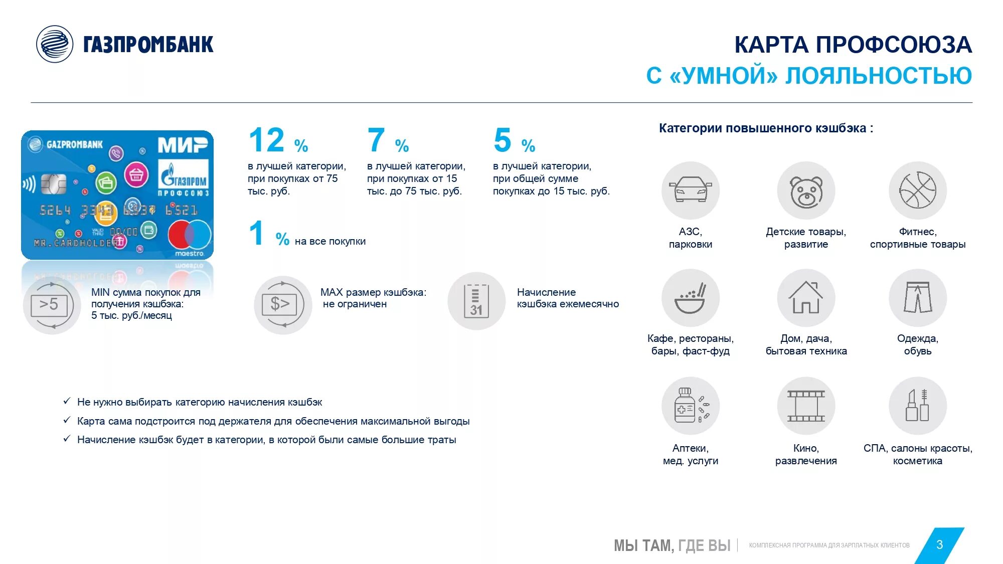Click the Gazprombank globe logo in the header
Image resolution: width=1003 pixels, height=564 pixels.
coord(55,44)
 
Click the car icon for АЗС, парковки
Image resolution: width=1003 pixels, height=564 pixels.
coord(690,191)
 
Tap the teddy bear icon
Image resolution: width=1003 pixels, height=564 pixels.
coord(806,191)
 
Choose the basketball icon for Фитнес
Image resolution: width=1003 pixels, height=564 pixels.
coord(917,191)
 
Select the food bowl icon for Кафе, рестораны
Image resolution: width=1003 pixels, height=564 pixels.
coord(690,298)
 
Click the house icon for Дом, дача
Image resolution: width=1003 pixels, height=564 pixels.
coord(806,298)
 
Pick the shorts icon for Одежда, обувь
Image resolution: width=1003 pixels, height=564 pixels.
coord(917,298)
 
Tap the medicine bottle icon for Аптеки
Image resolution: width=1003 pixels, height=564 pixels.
coord(690,406)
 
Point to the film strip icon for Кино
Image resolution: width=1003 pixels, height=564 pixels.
coord(806,406)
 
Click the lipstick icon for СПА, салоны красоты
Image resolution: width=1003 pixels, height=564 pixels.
coord(917,406)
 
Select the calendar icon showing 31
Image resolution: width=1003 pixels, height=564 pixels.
coord(476,301)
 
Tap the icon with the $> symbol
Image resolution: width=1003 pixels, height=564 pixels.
coord(282,304)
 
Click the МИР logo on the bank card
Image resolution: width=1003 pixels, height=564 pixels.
coord(183,145)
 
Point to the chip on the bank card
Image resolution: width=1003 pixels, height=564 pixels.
coord(53,184)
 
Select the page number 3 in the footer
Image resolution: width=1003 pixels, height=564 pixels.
coord(939,545)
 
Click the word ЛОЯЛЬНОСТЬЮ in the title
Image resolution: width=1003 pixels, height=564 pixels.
coord(878,76)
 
